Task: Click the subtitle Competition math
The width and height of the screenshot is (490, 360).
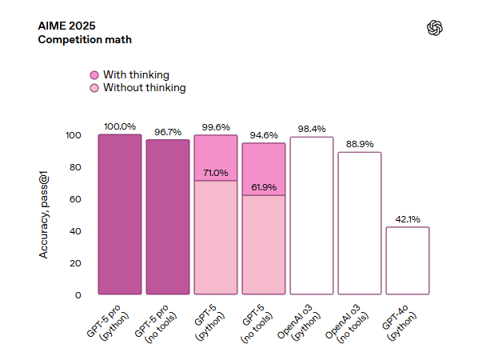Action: pos(85,39)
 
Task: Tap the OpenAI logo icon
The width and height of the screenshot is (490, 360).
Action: pos(435,28)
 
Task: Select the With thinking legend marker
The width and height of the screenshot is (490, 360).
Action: pos(94,74)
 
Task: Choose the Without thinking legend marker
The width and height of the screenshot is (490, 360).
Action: pos(94,87)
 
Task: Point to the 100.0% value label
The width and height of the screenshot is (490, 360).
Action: pos(120,126)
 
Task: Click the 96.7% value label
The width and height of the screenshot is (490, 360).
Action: pos(168,132)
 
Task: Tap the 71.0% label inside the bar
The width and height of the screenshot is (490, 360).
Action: pos(216,173)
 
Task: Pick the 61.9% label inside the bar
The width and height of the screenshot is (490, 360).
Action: pos(264,187)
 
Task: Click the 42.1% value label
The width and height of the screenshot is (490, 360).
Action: pos(408,219)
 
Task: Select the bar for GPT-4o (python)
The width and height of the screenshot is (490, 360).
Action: pos(408,262)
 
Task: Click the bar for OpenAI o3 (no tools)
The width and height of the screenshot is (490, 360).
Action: pos(360,224)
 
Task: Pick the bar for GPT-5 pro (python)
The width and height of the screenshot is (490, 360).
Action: pos(120,214)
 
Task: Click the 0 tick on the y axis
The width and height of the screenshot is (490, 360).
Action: pos(78,295)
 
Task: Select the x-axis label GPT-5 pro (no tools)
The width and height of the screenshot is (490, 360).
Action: pos(159,323)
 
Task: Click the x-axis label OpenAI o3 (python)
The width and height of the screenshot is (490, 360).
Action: pos(301,323)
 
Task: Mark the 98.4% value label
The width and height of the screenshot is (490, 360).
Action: pos(312,129)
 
